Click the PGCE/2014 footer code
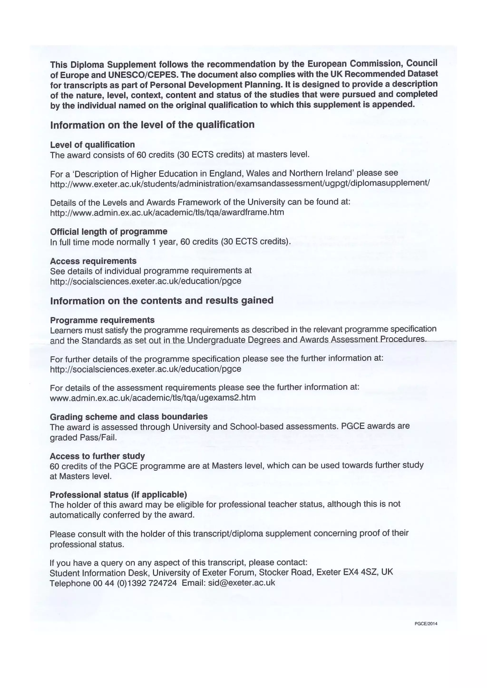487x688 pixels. pyautogui.click(x=426, y=624)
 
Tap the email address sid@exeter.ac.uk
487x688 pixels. pyautogui.click(x=241, y=583)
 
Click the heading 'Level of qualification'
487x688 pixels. pyautogui.click(x=92, y=145)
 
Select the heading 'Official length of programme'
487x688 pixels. pyautogui.click(x=109, y=232)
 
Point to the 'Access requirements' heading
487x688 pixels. pyautogui.click(x=93, y=261)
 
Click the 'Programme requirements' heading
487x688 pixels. pyautogui.click(x=102, y=320)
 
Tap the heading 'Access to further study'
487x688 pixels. pyautogui.click(x=97, y=456)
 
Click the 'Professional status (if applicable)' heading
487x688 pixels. pyautogui.click(x=118, y=495)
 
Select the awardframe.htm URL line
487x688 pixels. pyautogui.click(x=167, y=212)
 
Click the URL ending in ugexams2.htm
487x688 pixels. pyautogui.click(x=153, y=398)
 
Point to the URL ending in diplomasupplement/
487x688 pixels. pyautogui.click(x=240, y=183)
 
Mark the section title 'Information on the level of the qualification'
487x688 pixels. pyautogui.click(x=152, y=125)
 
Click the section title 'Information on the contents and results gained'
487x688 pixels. pyautogui.click(x=162, y=301)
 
